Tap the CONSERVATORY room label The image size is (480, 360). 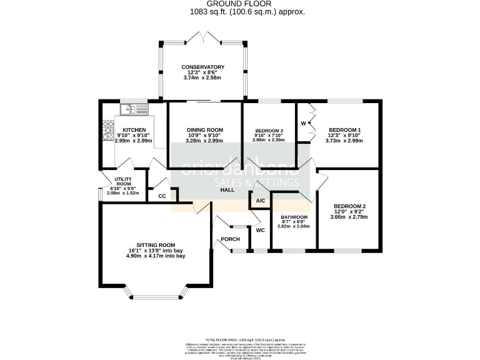203,67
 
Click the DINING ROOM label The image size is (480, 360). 205,130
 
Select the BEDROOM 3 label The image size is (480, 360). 268,130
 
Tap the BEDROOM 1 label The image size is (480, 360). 345,130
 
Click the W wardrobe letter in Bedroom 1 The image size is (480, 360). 304,122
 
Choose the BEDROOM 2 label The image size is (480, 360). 349,206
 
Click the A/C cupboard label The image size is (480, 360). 261,201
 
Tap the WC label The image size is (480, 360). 261,230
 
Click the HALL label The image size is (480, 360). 226,189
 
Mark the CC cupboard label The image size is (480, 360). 162,196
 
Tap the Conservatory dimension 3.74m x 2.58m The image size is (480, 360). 203,77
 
